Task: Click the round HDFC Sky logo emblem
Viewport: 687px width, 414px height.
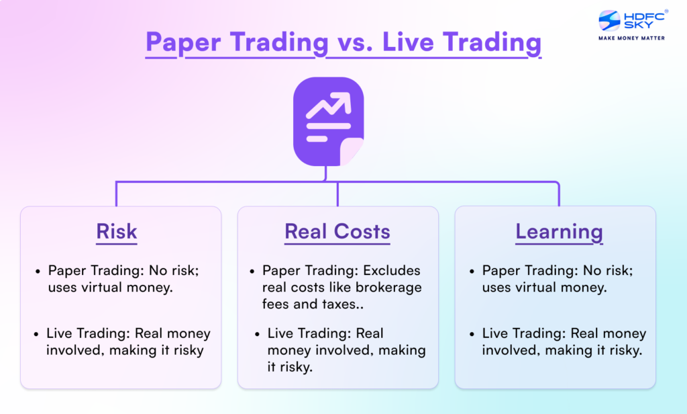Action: point(609,21)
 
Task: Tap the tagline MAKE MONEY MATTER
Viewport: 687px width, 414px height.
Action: point(631,38)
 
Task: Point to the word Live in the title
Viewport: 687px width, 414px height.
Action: point(409,42)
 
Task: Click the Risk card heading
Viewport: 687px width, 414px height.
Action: point(117,232)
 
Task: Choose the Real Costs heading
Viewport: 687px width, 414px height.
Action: point(337,232)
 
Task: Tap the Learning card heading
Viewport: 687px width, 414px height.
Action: point(559,232)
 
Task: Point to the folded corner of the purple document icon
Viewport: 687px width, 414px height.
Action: point(352,151)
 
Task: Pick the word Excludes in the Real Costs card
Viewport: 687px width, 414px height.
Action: point(392,271)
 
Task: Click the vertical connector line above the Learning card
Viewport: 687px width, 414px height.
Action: point(558,194)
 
